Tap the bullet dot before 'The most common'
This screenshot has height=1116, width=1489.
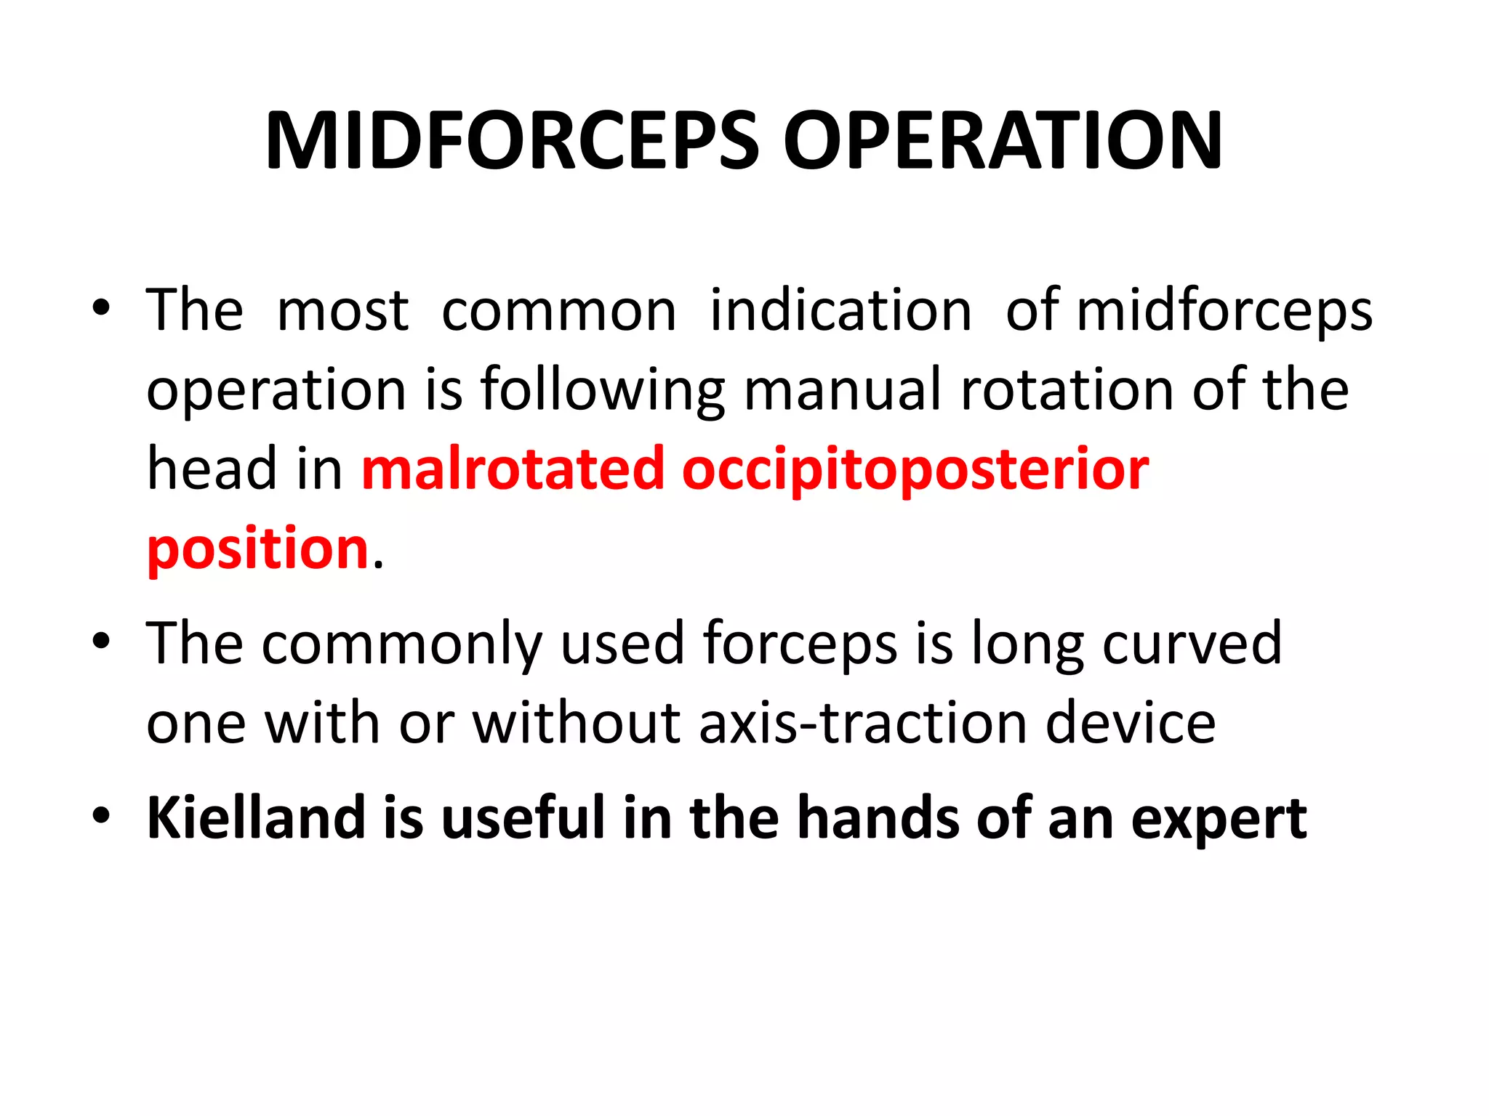tap(101, 308)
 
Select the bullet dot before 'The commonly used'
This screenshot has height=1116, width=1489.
tap(101, 641)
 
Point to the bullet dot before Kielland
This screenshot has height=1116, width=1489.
tap(101, 815)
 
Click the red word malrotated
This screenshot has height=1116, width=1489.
tap(513, 469)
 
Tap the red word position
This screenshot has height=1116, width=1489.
tap(258, 549)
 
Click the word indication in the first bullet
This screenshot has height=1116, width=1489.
tap(840, 311)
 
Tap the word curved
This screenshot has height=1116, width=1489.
tap(1192, 643)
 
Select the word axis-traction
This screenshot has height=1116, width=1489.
tap(862, 723)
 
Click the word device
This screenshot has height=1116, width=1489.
tap(1131, 723)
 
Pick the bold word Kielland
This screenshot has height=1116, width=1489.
tap(255, 817)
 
